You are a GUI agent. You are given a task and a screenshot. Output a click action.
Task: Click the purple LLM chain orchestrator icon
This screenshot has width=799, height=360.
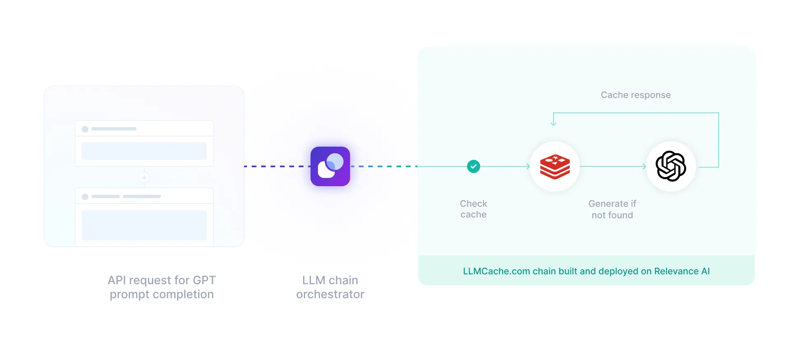coord(330,166)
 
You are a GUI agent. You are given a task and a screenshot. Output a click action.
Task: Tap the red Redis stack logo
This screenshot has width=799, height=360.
coord(555,167)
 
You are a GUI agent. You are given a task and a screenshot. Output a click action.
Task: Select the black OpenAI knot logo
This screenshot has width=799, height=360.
coord(671,166)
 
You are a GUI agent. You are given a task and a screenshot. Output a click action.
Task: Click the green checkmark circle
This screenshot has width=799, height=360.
coord(474,166)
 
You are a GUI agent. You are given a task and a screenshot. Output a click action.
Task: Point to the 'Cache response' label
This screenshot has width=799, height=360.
coord(635,95)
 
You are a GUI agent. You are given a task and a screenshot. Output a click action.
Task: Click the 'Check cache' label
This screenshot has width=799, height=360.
coord(474,209)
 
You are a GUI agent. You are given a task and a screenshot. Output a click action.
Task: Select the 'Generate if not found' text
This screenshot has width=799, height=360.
coord(612,209)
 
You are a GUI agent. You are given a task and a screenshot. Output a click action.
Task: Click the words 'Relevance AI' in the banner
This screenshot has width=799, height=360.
coord(682,271)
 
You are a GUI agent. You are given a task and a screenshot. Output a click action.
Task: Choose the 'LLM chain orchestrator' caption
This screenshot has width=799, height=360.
coord(330,287)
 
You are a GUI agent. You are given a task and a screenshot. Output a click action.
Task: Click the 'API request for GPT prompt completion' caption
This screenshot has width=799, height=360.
coord(162,287)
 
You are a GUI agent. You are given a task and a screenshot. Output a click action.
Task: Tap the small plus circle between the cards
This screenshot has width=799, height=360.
coord(144,178)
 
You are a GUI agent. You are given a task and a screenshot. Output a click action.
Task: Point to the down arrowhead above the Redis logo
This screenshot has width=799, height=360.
coord(554,123)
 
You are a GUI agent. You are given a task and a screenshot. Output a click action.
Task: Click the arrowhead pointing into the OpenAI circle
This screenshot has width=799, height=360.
coord(644,166)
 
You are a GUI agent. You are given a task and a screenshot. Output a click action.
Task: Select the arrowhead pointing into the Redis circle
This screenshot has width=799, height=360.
coord(528,166)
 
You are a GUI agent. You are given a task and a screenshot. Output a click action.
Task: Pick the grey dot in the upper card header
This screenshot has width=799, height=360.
coord(85,129)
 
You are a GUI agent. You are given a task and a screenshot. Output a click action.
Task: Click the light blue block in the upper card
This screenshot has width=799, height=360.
coord(144,151)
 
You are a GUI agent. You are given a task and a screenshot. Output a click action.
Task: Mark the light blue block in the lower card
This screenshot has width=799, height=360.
coord(144,225)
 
